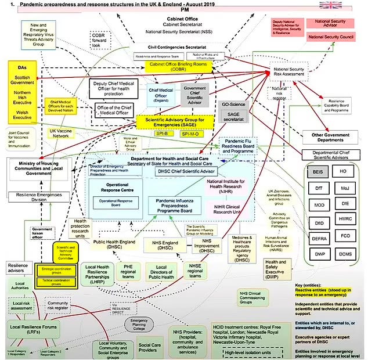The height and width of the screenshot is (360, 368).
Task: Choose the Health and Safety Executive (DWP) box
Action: [x=275, y=267]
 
